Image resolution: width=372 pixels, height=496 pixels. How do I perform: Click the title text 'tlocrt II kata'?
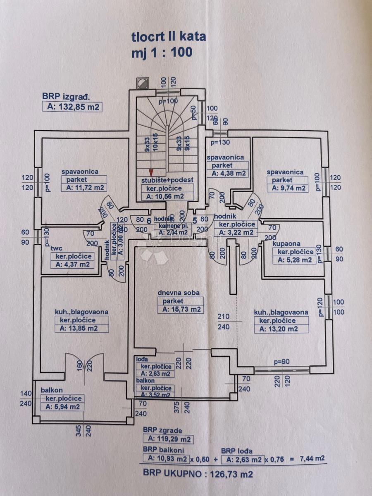pos(169,37)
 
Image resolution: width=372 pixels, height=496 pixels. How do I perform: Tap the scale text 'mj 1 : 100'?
pos(162,52)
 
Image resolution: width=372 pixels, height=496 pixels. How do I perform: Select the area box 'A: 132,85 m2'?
pos(72,107)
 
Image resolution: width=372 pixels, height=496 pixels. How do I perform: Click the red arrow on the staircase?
pos(152,172)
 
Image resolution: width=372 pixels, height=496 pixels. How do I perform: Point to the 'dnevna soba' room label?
pos(179,293)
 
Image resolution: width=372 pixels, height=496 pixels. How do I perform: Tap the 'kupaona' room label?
pos(286,244)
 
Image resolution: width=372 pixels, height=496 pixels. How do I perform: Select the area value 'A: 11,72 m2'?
pos(84,188)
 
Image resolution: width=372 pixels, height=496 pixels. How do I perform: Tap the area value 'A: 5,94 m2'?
pos(62,407)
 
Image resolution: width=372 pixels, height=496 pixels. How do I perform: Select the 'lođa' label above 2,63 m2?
pos(142,360)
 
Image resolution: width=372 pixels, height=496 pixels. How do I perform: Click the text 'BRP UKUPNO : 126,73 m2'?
pos(198,474)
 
